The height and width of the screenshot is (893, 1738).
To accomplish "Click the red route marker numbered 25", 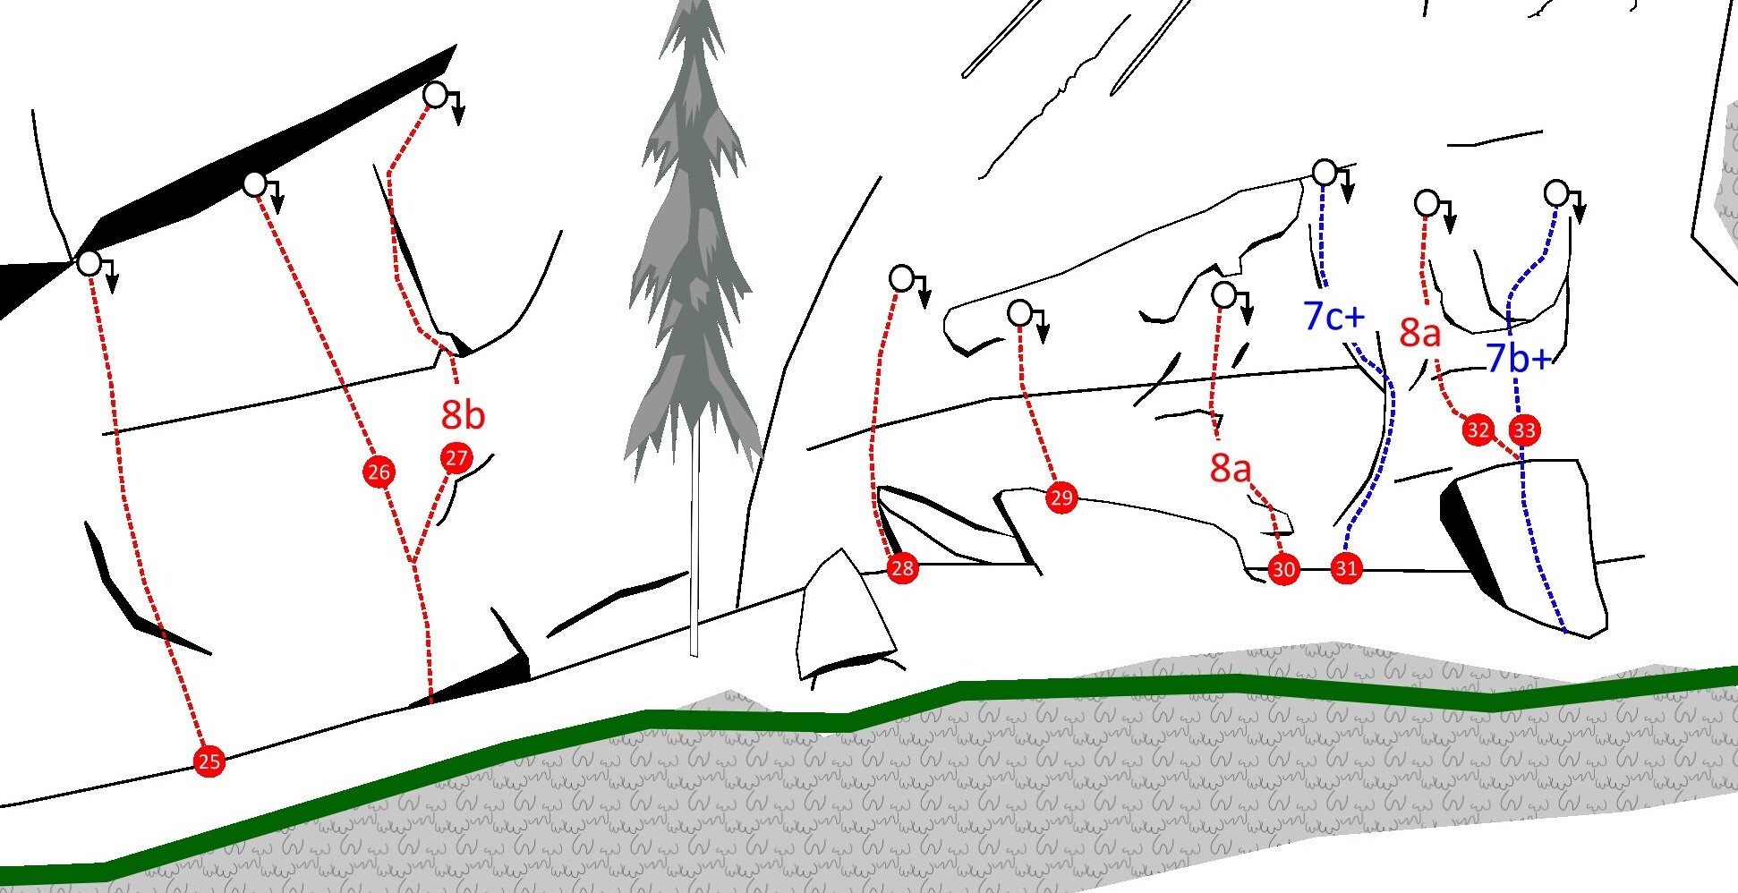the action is (209, 761).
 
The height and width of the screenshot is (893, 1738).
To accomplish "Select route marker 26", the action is (379, 472).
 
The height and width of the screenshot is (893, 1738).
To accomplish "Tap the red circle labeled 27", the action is (456, 458).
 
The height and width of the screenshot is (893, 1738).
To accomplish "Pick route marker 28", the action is (902, 567).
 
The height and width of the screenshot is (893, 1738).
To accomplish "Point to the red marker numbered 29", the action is (1061, 498).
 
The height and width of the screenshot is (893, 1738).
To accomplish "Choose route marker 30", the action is (1283, 569).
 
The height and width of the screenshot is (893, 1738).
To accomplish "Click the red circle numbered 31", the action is (1346, 567).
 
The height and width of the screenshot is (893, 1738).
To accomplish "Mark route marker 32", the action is (1478, 430).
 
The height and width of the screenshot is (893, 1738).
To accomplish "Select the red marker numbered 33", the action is (1524, 430).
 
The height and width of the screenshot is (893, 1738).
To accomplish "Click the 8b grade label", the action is (463, 415).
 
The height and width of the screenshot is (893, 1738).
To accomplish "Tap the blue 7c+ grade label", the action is (1334, 316).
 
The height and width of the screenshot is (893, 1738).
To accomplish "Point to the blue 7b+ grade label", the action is (1519, 359).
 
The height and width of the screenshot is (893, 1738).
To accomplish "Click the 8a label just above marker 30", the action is (1231, 468).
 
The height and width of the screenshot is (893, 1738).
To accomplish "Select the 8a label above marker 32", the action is (1420, 333).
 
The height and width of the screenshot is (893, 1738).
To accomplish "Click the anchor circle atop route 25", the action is (89, 263).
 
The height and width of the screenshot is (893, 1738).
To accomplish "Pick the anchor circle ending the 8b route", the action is (435, 94).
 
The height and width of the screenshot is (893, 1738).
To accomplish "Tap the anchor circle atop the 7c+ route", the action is (1325, 172).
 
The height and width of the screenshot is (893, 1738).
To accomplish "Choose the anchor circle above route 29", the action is (1020, 313).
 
